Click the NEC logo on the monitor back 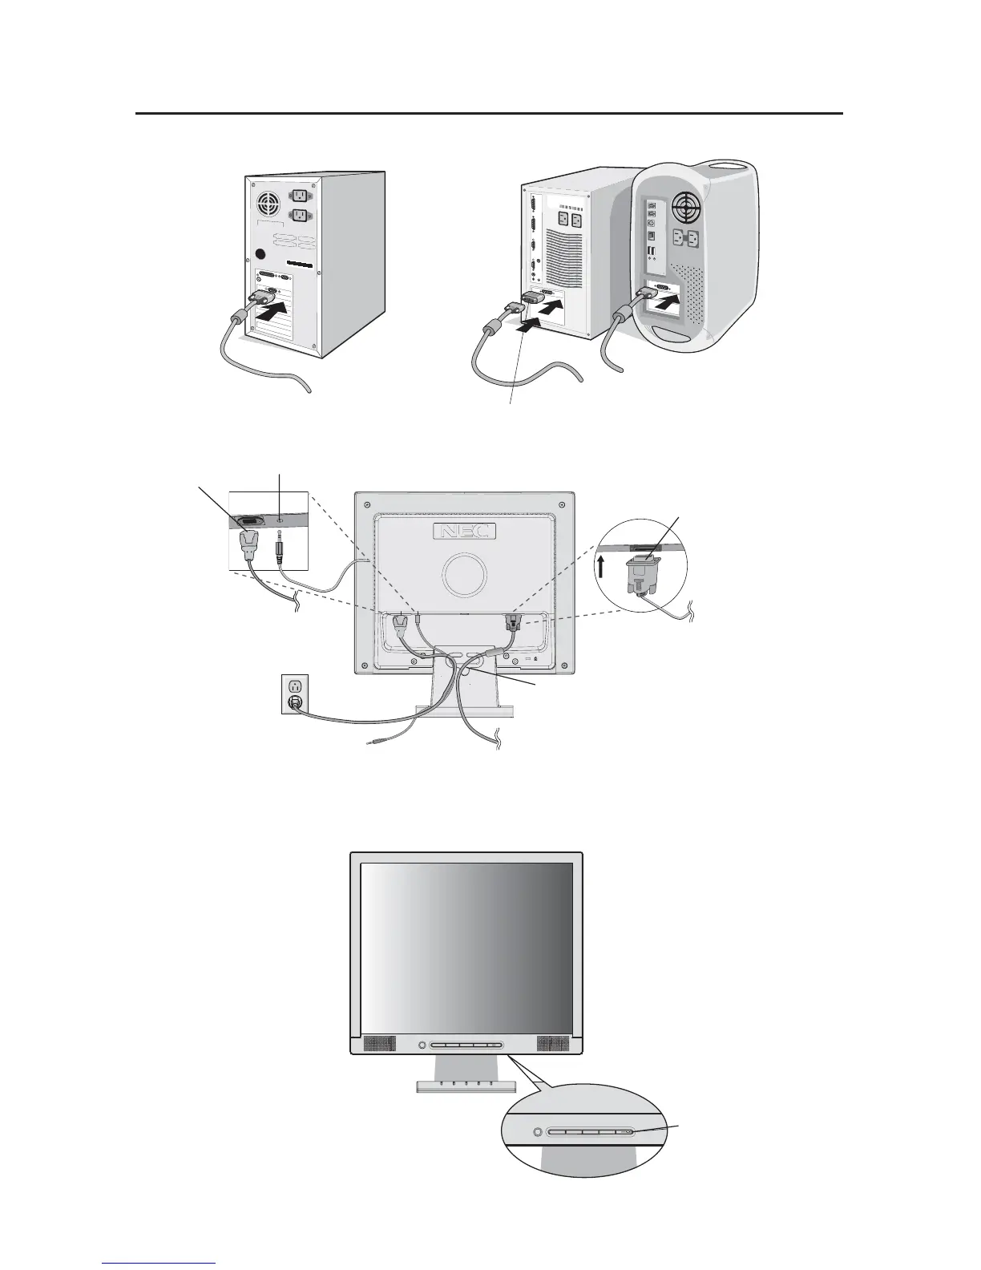(464, 531)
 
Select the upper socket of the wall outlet (294, 686)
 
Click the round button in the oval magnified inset (538, 1133)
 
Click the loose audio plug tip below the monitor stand (369, 745)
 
